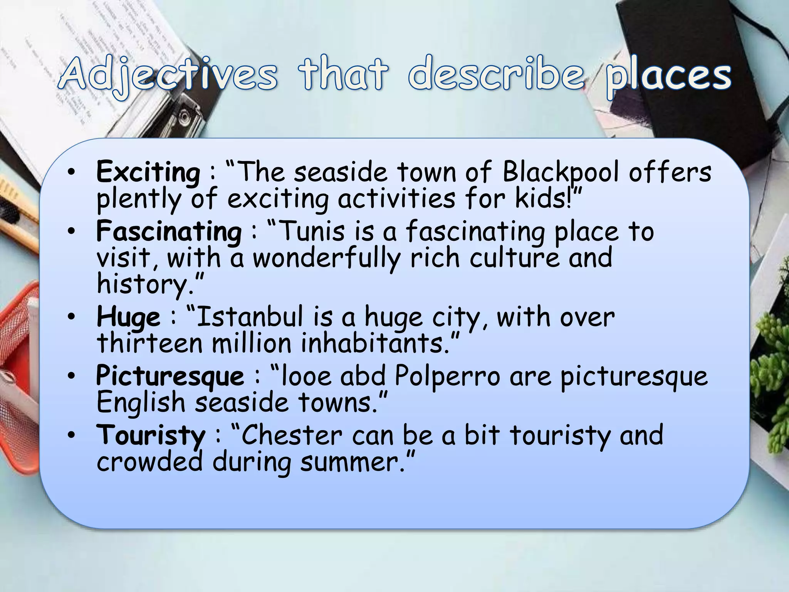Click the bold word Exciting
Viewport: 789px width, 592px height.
tap(148, 172)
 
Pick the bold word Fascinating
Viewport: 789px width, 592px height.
tap(169, 231)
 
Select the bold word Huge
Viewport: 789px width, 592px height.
tap(128, 317)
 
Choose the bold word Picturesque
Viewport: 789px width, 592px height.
tap(170, 376)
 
